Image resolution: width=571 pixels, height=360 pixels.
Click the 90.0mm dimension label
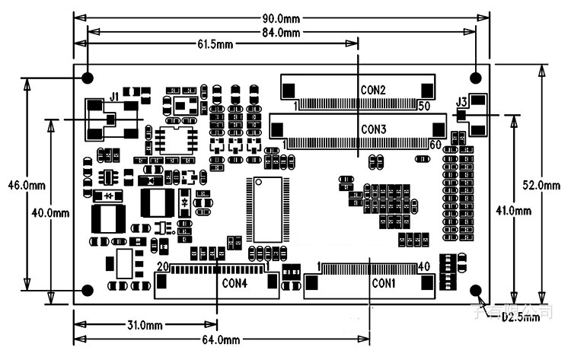pos(282,18)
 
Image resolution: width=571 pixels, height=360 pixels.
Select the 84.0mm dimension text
pos(282,32)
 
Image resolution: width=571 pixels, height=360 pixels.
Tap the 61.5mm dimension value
pos(215,45)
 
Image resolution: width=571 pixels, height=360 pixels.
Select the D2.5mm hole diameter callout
pos(520,317)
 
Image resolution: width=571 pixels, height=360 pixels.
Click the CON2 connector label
pos(373,90)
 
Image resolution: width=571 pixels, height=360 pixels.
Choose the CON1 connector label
pos(384,283)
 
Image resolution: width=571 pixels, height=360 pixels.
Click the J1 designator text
pos(114,97)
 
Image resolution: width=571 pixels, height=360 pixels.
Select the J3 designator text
pos(461,102)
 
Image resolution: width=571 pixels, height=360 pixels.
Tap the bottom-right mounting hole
pos(477,291)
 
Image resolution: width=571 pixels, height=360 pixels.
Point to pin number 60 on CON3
pos(435,144)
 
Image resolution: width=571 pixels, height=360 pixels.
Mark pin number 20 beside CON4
pos(161,267)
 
